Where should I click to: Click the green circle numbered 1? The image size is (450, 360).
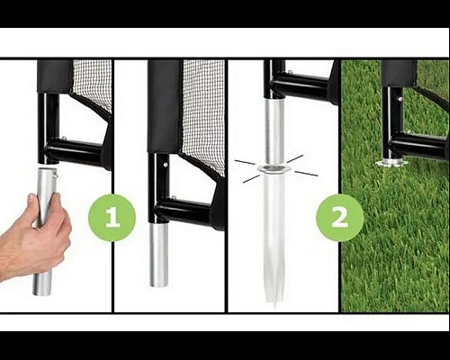(x=112, y=217)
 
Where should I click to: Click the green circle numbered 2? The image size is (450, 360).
(x=340, y=217)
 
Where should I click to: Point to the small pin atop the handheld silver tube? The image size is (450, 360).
(x=56, y=172)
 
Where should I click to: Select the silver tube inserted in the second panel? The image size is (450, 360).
(x=159, y=255)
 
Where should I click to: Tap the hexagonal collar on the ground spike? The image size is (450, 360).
(x=274, y=169)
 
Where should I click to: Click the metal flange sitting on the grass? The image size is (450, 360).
(x=391, y=163)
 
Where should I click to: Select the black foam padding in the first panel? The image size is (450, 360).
(x=55, y=76)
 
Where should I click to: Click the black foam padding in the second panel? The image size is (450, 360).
(x=165, y=106)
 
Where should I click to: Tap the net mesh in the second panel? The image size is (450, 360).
(x=204, y=114)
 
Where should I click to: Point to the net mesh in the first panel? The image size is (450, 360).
(x=93, y=83)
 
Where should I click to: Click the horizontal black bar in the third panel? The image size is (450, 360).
(x=303, y=86)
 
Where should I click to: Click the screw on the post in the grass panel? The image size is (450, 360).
(x=400, y=98)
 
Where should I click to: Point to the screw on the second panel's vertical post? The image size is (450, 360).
(x=166, y=165)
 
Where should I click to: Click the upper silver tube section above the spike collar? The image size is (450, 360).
(x=274, y=132)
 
